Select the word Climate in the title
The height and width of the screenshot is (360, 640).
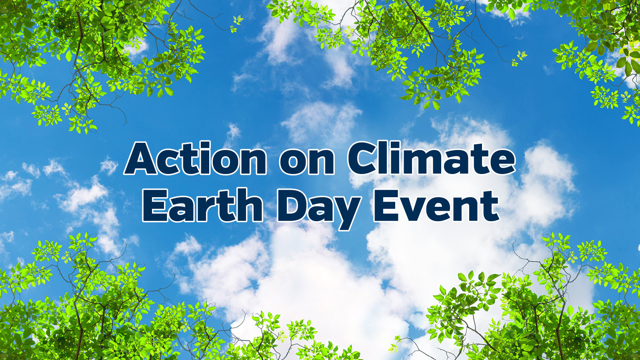432,158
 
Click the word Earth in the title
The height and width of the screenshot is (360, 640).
202,205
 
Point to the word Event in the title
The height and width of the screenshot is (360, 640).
435,206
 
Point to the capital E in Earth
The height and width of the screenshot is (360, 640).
154,205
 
